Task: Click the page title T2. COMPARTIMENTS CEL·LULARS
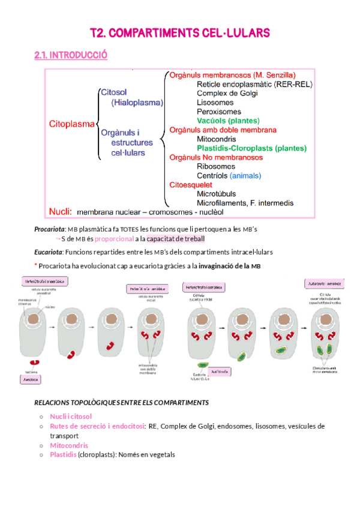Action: (180, 33)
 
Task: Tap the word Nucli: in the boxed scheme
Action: (61, 211)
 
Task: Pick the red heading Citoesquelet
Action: (190, 185)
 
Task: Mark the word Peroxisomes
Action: (219, 112)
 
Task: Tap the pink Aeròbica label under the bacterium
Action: (32, 380)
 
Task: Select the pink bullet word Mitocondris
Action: (69, 445)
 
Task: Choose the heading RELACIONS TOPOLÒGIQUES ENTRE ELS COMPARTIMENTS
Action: (121, 402)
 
